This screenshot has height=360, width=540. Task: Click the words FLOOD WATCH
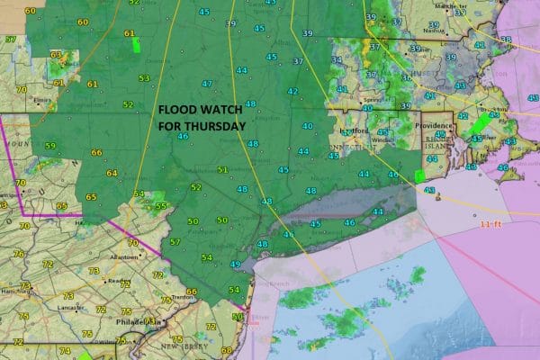click(x=199, y=111)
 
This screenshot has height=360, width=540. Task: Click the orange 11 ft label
click(x=490, y=224)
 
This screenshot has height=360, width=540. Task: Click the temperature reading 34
click(x=337, y=60)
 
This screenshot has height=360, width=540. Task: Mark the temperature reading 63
click(x=57, y=56)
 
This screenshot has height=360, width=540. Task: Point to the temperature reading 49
click(x=234, y=264)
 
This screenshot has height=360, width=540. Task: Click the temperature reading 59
click(x=49, y=146)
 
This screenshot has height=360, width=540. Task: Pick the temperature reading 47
click(x=207, y=84)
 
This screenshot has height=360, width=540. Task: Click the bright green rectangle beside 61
click(x=137, y=42)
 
